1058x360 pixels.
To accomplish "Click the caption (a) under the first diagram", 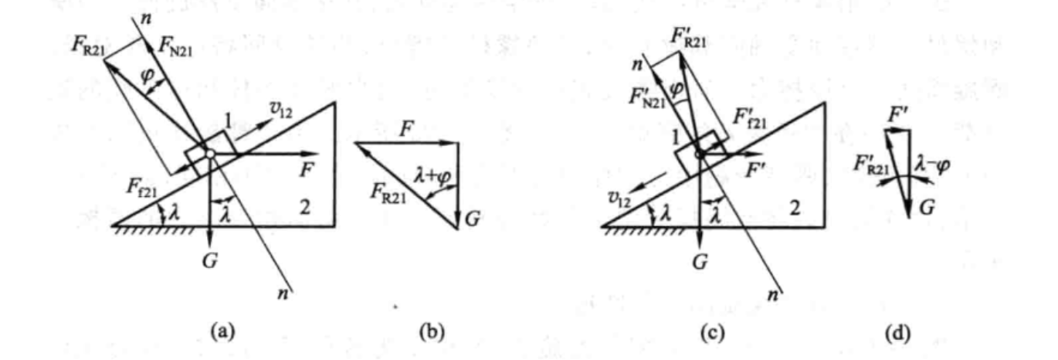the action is (x=223, y=331).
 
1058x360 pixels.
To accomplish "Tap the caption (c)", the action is (x=712, y=332).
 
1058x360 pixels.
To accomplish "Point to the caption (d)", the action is (x=898, y=332).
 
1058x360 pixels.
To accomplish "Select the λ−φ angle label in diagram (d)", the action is (x=933, y=165).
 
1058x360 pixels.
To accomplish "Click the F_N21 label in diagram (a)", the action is (x=175, y=46).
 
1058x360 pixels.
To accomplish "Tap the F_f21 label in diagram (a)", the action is (x=141, y=188).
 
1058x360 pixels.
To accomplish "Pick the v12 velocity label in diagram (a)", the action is (x=280, y=111).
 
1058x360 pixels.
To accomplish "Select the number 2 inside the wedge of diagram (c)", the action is (x=795, y=207).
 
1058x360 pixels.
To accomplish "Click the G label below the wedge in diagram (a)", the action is (x=210, y=260).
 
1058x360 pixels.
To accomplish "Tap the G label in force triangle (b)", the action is (x=473, y=219).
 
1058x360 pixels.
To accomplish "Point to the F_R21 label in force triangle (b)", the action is (x=388, y=193).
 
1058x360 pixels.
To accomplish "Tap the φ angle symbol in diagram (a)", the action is (x=148, y=76).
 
